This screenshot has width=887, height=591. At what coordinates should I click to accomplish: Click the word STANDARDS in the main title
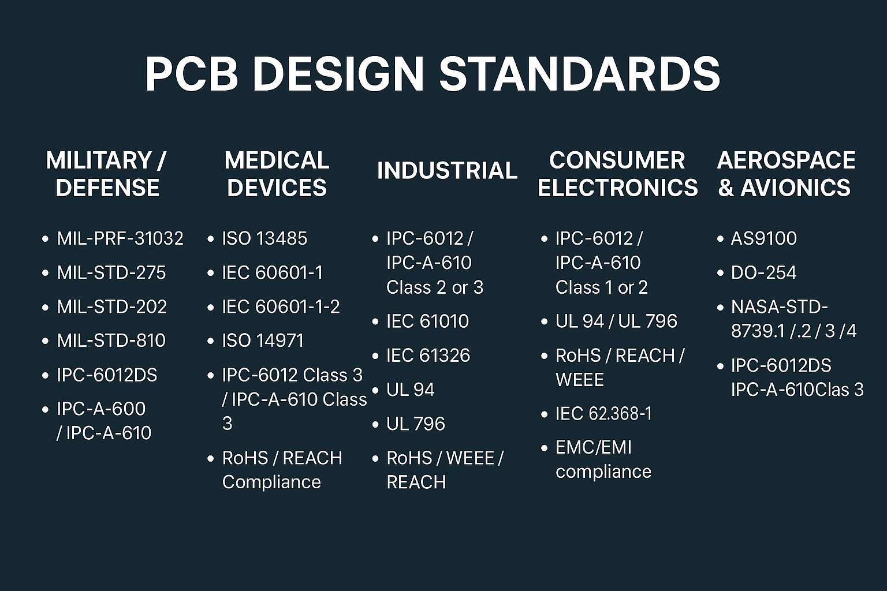(x=580, y=74)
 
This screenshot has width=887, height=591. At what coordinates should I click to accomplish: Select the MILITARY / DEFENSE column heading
(x=106, y=174)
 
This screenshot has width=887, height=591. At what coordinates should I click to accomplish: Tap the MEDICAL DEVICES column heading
(x=277, y=174)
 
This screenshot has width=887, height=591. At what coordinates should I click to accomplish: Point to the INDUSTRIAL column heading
(x=447, y=171)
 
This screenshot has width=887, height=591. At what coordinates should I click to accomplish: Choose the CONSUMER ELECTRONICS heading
(x=618, y=174)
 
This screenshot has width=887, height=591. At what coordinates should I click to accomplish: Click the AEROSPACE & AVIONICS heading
(x=786, y=174)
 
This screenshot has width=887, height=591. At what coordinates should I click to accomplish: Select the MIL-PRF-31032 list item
(x=120, y=238)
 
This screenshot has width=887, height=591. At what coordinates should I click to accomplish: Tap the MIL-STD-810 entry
(x=111, y=341)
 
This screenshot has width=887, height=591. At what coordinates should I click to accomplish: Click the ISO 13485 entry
(x=264, y=238)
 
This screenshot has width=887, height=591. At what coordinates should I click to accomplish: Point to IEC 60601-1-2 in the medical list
(x=281, y=307)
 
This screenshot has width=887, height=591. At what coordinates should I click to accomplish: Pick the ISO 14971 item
(x=263, y=341)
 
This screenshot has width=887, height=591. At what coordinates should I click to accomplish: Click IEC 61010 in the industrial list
(x=428, y=321)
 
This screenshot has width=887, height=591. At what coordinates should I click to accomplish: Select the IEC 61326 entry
(x=428, y=355)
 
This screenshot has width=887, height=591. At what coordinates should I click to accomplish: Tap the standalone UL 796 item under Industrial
(x=416, y=424)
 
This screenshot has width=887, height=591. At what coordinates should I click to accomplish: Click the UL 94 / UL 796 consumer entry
(x=616, y=321)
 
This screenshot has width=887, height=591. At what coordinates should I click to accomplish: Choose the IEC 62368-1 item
(x=603, y=414)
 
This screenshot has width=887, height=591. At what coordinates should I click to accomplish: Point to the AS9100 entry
(x=764, y=238)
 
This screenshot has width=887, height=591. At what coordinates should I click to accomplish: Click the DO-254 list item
(x=763, y=272)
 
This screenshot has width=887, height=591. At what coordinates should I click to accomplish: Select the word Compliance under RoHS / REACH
(x=271, y=482)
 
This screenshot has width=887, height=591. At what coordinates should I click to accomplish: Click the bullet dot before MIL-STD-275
(x=45, y=273)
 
